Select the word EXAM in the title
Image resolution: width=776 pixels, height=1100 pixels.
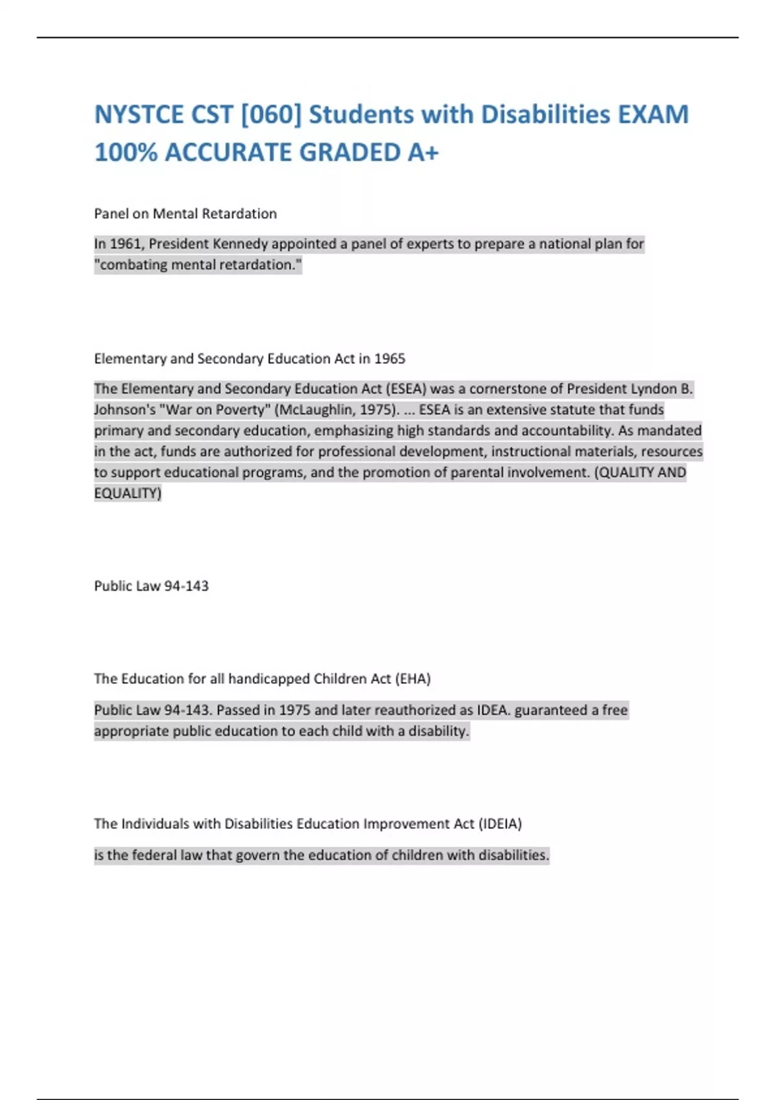tap(653, 115)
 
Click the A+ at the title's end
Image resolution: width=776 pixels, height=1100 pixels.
tap(423, 153)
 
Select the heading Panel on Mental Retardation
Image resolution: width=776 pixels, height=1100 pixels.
tap(186, 214)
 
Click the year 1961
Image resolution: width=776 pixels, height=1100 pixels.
tap(125, 244)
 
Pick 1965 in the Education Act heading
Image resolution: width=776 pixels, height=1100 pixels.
tap(389, 358)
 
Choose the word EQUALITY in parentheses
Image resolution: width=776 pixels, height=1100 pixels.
tap(127, 493)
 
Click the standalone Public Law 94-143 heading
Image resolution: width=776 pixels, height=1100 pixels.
tap(151, 586)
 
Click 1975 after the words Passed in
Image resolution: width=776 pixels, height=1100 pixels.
tap(294, 710)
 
